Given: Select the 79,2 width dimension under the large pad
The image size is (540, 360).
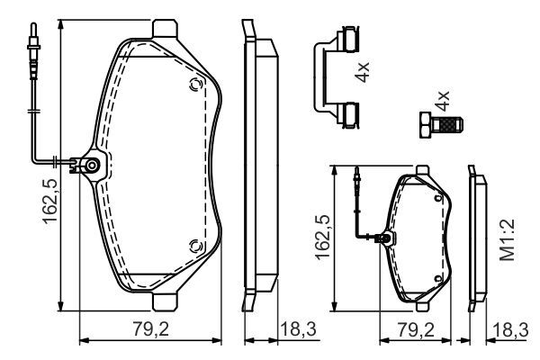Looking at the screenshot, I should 150,330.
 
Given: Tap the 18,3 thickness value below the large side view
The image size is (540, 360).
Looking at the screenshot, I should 297,330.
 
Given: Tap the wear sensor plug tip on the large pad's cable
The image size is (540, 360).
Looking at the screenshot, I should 33,42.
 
